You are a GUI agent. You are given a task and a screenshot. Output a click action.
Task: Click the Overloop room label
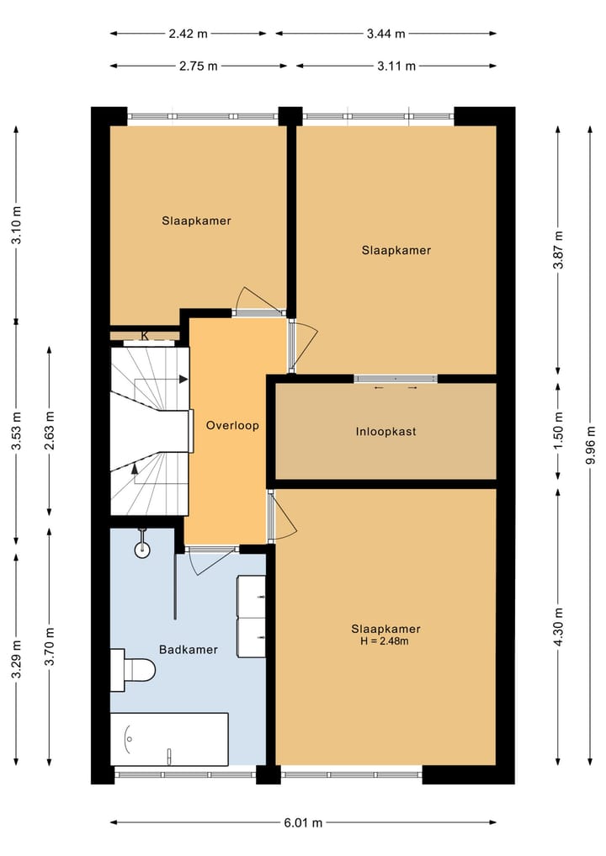pyautogui.click(x=232, y=426)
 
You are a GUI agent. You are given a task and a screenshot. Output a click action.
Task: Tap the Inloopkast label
pyautogui.click(x=385, y=431)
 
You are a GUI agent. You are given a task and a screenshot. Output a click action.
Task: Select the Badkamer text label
pyautogui.click(x=189, y=650)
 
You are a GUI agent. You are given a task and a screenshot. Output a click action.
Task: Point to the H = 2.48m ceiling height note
pyautogui.click(x=385, y=641)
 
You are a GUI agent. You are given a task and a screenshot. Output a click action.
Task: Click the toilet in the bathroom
pyautogui.click(x=133, y=670)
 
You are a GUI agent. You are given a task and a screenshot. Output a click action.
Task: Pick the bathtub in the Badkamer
pyautogui.click(x=169, y=739)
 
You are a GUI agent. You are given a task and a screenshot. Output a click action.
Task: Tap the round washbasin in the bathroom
pyautogui.click(x=142, y=548)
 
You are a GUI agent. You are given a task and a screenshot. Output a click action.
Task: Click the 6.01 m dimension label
pyautogui.click(x=303, y=822)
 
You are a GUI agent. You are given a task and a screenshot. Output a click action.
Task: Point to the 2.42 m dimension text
pyautogui.click(x=188, y=34)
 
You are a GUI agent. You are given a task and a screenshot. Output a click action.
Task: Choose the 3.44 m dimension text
pyautogui.click(x=386, y=34)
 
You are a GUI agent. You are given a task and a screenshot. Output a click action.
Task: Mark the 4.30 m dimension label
pyautogui.click(x=558, y=626)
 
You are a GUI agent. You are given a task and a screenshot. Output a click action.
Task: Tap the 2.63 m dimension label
pyautogui.click(x=50, y=431)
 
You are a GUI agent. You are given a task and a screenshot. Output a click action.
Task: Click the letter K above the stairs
pyautogui.click(x=145, y=336)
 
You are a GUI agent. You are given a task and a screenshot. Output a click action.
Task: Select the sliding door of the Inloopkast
pyautogui.click(x=396, y=378)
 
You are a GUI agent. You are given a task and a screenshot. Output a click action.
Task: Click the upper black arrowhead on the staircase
pyautogui.click(x=183, y=379)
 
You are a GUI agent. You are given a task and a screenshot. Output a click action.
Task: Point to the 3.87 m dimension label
pyautogui.click(x=558, y=250)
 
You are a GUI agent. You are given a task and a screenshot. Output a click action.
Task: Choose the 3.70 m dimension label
pyautogui.click(x=50, y=647)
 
